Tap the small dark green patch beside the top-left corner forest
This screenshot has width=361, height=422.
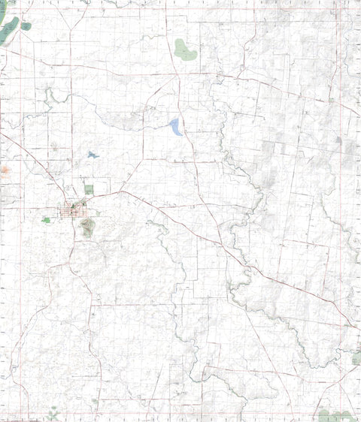coord(26,26)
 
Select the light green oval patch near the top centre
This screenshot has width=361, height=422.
coord(184,50)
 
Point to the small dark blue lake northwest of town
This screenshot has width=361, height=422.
coord(93,155)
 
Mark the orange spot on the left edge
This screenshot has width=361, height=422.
coord(5,170)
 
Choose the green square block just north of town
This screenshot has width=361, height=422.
coord(89,189)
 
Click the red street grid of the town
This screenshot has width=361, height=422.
coord(76,209)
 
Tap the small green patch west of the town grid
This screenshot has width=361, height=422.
coord(47,220)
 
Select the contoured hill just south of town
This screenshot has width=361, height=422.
coord(86,226)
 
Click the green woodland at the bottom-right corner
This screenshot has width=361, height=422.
coord(335,415)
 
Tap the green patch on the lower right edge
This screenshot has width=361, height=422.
coord(356,359)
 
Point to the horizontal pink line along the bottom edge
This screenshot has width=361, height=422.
coord(180,411)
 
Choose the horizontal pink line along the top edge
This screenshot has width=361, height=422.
coord(180,9)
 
